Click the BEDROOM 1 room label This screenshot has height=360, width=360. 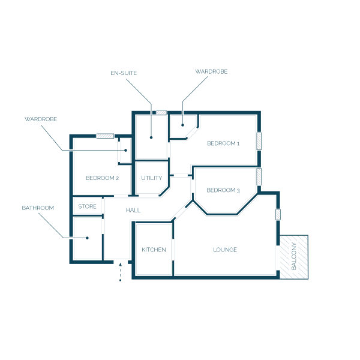[x=223, y=143]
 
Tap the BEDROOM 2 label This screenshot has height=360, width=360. [x=102, y=178]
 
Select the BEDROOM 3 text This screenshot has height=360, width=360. [x=223, y=190]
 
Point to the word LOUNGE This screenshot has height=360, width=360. [x=225, y=250]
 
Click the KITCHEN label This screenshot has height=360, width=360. [x=154, y=250]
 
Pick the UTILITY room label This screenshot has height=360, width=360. [x=152, y=178]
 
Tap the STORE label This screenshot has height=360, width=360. [x=87, y=206]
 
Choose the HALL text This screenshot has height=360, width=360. [x=133, y=211]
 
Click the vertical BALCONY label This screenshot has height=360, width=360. [x=293, y=256]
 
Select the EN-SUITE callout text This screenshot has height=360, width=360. [x=124, y=73]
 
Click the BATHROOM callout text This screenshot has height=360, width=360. [x=38, y=208]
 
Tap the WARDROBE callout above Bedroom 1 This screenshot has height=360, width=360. [x=211, y=71]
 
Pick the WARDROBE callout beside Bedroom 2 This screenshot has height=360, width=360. [x=41, y=119]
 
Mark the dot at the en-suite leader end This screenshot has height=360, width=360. [x=151, y=137]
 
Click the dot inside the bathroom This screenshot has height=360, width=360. [x=87, y=238]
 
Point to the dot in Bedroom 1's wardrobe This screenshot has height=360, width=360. [x=182, y=125]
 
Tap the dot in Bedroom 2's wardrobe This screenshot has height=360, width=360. [x=125, y=151]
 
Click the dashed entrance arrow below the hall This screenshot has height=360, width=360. [x=121, y=272]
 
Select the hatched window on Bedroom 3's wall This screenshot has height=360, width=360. [x=259, y=176]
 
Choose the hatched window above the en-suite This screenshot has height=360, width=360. [x=161, y=113]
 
